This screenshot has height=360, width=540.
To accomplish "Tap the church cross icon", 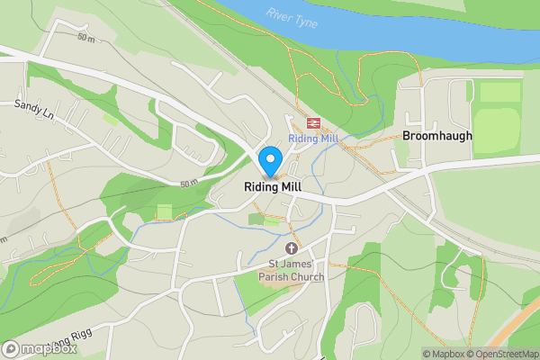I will pyautogui.click(x=292, y=247).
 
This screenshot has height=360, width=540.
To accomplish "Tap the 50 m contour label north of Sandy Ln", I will pyautogui.click(x=86, y=39).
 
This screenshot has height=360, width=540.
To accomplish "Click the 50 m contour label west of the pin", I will pyautogui.click(x=188, y=184).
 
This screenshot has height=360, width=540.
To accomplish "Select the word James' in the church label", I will pyautogui.click(x=301, y=264).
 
